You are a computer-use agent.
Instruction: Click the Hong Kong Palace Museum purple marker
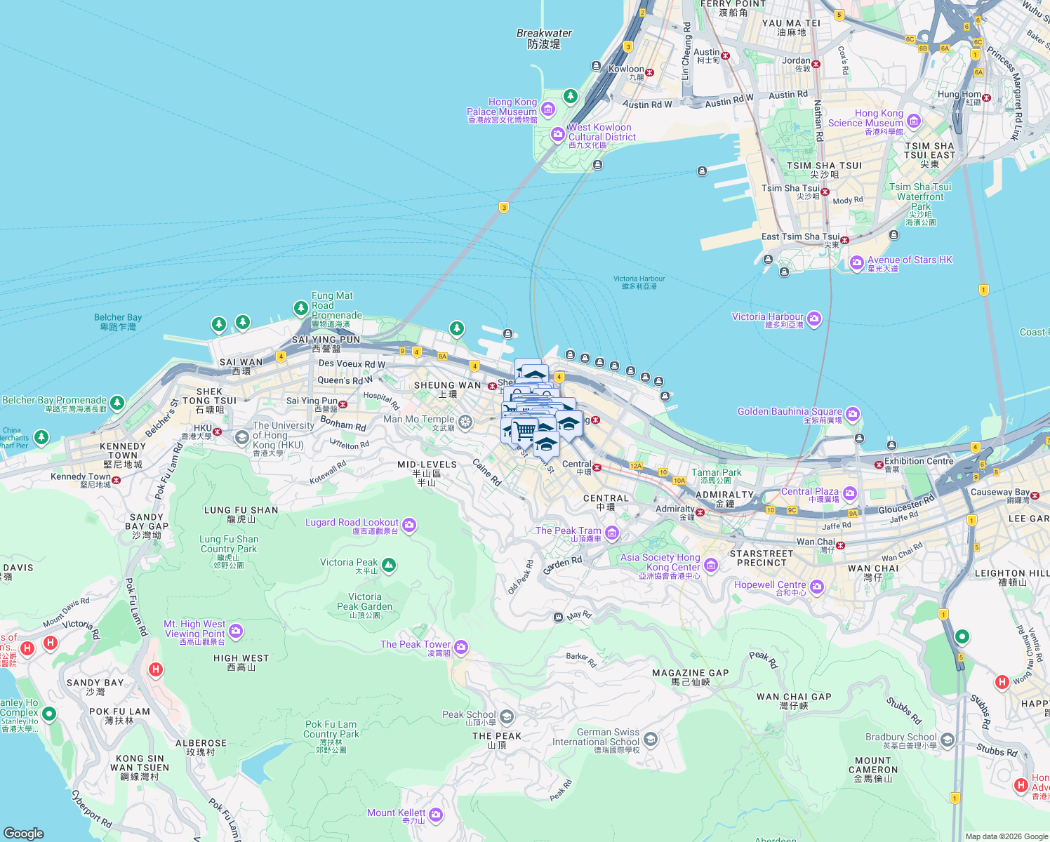tap(548, 109)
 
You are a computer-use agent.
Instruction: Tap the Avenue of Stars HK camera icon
tap(856, 263)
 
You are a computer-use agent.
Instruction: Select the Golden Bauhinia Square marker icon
tap(852, 414)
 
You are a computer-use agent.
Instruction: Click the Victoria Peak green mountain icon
tap(389, 565)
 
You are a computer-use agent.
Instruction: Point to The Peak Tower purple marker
tap(461, 647)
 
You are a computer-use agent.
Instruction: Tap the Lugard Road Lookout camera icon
tap(409, 525)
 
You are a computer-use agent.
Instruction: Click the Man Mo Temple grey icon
tap(465, 421)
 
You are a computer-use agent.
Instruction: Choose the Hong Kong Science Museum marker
tap(913, 121)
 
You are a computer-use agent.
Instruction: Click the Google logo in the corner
tap(24, 833)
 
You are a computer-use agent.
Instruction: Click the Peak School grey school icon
tap(507, 716)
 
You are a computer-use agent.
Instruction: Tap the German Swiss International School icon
tap(651, 739)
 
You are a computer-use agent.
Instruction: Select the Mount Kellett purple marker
tap(436, 814)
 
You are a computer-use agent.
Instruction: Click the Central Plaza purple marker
tap(849, 493)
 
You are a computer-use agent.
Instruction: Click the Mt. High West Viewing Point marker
tap(236, 631)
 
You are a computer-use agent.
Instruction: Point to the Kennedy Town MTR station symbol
tap(117, 480)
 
